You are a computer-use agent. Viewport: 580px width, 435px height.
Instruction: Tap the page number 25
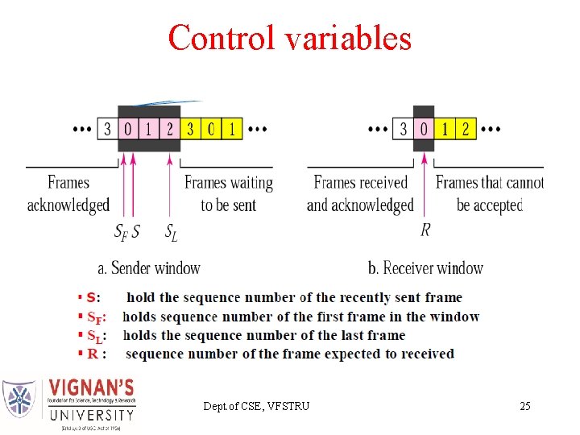(x=524, y=406)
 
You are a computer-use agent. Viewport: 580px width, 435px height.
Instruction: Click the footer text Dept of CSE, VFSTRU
(x=256, y=406)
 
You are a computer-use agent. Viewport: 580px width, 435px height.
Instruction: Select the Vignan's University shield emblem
(x=19, y=399)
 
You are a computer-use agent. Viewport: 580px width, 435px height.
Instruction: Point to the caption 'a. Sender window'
(x=149, y=267)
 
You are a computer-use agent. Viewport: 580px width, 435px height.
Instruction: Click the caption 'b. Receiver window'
(x=425, y=267)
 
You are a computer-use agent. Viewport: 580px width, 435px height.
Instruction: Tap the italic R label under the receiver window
(x=425, y=230)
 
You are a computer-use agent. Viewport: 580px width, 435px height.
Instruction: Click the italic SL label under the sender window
(x=171, y=232)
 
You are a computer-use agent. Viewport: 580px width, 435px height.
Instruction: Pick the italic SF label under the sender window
(x=121, y=232)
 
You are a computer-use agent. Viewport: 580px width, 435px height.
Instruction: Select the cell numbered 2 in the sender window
(x=169, y=129)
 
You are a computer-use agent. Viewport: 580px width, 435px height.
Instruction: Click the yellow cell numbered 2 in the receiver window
(x=466, y=129)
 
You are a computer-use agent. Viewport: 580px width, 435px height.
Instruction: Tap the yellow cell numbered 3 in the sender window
(x=190, y=129)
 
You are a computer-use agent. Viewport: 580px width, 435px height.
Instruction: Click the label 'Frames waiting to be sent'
(x=229, y=193)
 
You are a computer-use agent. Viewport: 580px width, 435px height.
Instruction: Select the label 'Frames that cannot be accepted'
(x=490, y=193)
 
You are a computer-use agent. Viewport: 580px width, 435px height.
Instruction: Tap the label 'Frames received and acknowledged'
(x=360, y=193)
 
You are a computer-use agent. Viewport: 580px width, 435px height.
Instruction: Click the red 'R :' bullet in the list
(x=97, y=354)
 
